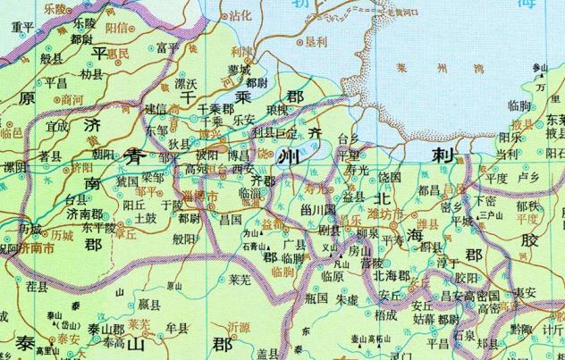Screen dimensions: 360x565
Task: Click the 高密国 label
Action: [x=485, y=296]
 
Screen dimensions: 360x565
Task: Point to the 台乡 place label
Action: [x=349, y=138]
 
